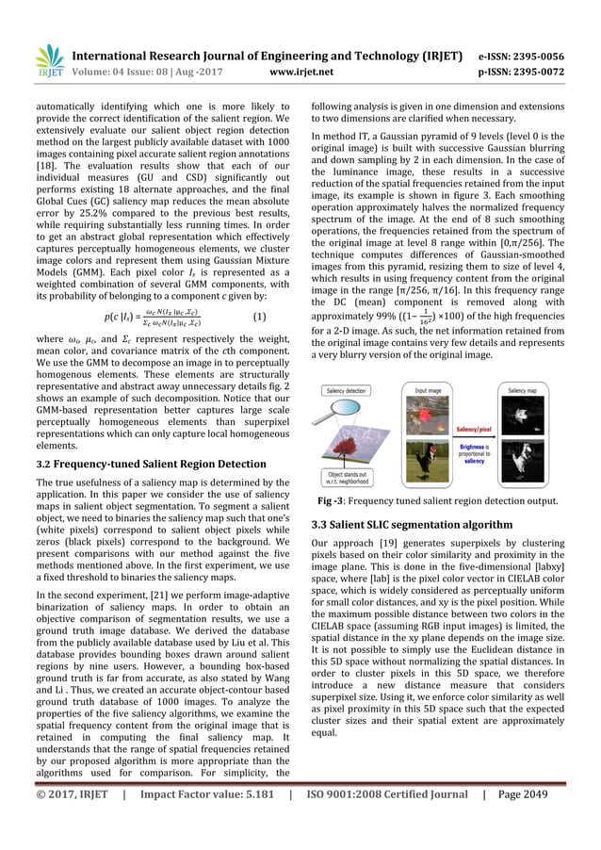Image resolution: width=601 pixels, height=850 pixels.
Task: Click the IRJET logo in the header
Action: (48, 59)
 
